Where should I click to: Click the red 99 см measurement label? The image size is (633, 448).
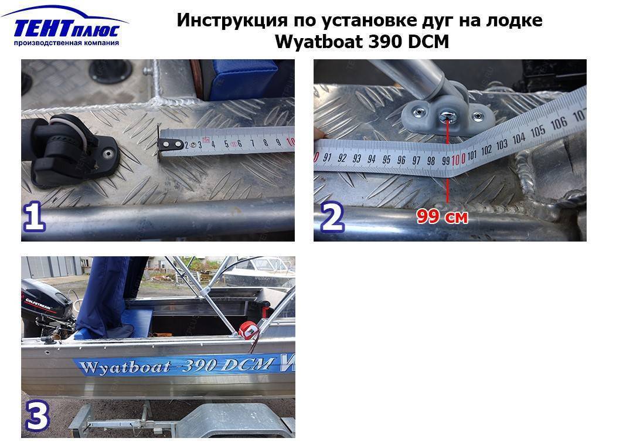(x=443, y=216)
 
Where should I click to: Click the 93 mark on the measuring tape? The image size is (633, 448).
(x=357, y=159)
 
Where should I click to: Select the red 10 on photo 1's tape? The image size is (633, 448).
(x=290, y=141)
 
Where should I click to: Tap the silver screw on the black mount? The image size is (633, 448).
(x=108, y=153)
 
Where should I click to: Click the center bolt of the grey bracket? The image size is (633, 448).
(x=447, y=116)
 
